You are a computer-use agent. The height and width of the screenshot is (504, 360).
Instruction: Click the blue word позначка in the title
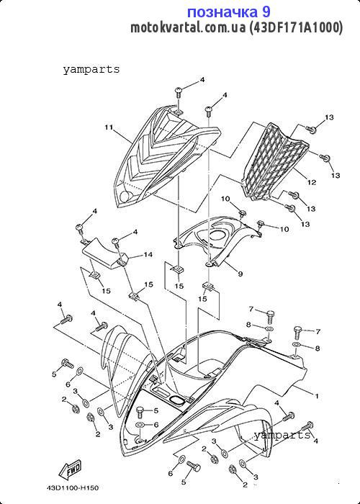(x=222, y=12)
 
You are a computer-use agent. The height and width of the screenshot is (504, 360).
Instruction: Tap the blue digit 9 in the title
(x=266, y=12)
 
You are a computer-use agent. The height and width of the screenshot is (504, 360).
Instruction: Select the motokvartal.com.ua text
(x=189, y=28)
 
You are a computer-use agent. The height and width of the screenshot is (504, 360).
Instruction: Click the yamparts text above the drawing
(x=91, y=70)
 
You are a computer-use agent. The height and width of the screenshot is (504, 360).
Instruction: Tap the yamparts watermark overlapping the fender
(x=282, y=436)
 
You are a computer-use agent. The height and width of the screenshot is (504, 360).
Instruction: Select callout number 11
(x=109, y=127)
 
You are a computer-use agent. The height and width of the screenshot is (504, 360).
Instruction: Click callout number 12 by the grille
(x=312, y=182)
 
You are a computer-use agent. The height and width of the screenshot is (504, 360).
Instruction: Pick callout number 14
(x=148, y=255)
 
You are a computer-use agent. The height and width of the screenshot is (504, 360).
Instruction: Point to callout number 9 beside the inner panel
(x=240, y=274)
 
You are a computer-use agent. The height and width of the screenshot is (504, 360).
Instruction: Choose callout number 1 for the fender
(x=317, y=396)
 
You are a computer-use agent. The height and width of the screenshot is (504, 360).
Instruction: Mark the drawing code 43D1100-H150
(x=72, y=488)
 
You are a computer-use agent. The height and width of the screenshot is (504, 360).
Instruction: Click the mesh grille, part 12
(x=275, y=161)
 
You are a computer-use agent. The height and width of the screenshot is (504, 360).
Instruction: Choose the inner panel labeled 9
(x=219, y=240)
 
